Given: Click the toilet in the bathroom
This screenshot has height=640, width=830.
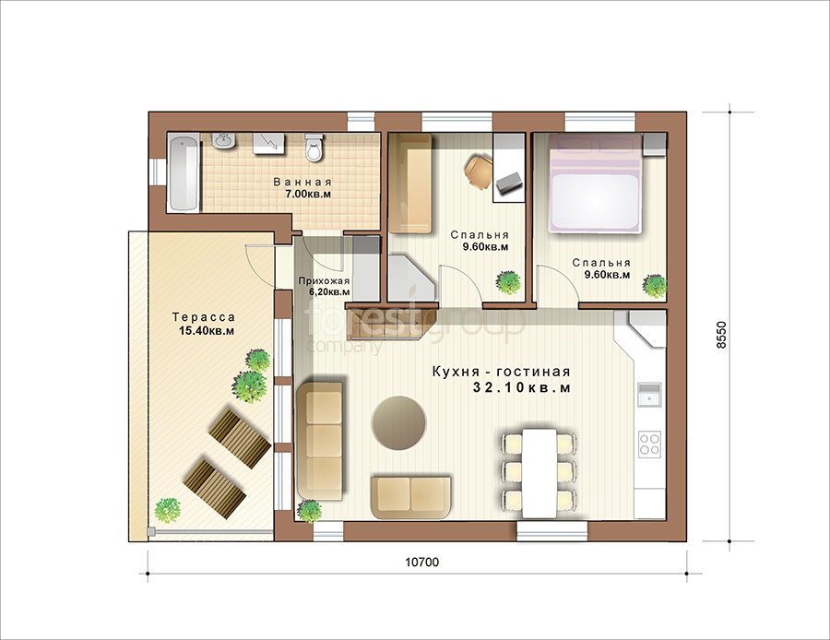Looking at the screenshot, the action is pos(314,148).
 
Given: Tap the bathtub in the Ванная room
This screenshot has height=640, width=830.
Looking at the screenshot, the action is pos(184,172).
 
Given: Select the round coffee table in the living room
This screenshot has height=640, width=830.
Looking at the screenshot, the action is pos(398,422).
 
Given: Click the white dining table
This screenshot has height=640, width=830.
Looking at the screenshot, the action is pos(539,473).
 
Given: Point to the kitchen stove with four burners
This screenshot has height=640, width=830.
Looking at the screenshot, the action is pos(649,444).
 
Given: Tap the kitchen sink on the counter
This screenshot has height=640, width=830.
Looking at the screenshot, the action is pos(649,395).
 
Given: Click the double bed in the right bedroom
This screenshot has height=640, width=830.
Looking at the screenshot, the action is pos(595,183).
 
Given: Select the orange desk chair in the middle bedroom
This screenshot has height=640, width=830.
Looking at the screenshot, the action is pos(479,171).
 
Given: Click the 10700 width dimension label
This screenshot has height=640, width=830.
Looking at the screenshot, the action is pos(421,563).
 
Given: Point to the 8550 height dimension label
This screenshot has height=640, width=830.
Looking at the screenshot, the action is pos(722,335).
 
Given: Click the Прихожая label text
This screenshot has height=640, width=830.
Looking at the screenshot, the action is pos(324,281).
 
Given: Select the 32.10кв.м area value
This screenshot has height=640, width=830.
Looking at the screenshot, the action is pos(522,388).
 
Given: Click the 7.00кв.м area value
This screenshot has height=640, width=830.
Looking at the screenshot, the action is pos(308,195).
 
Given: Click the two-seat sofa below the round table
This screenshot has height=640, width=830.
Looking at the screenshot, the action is pos(410,497).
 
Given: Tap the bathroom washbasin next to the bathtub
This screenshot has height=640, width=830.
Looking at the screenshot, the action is pos(224,141).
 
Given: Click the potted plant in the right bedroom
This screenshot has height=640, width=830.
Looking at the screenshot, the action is pos(654,286).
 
